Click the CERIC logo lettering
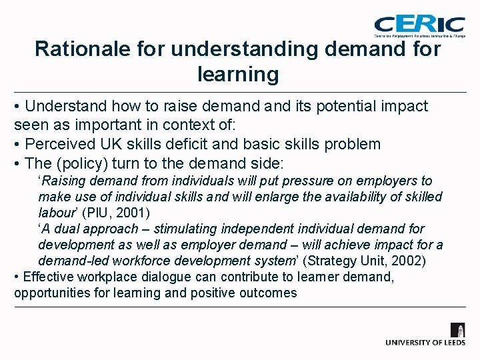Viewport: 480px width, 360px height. click(419, 23)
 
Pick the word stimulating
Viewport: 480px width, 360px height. click(173, 229)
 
